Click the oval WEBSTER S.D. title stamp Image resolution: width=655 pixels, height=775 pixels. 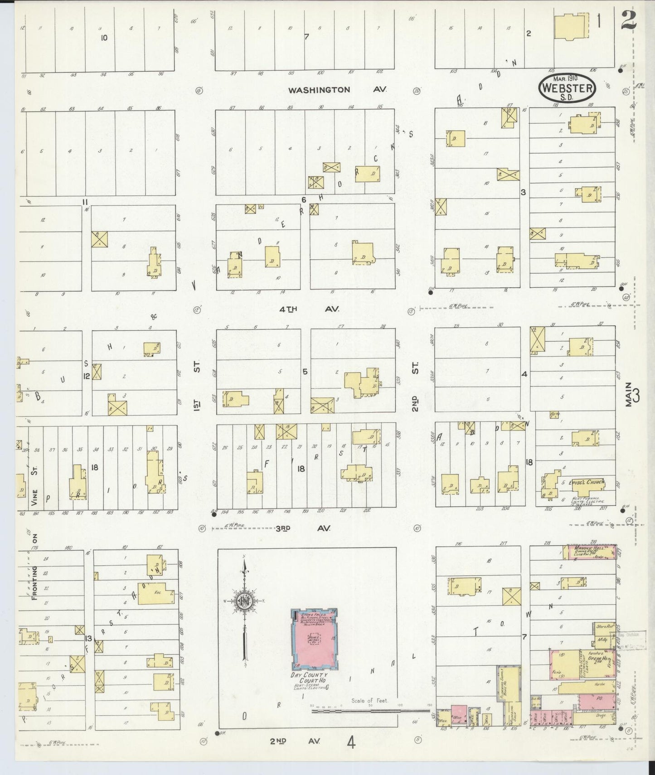[567, 87]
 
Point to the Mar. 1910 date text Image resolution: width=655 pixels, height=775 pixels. [566, 78]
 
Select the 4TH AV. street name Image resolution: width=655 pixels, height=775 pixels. [309, 309]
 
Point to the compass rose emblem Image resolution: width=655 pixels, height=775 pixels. [244, 601]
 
